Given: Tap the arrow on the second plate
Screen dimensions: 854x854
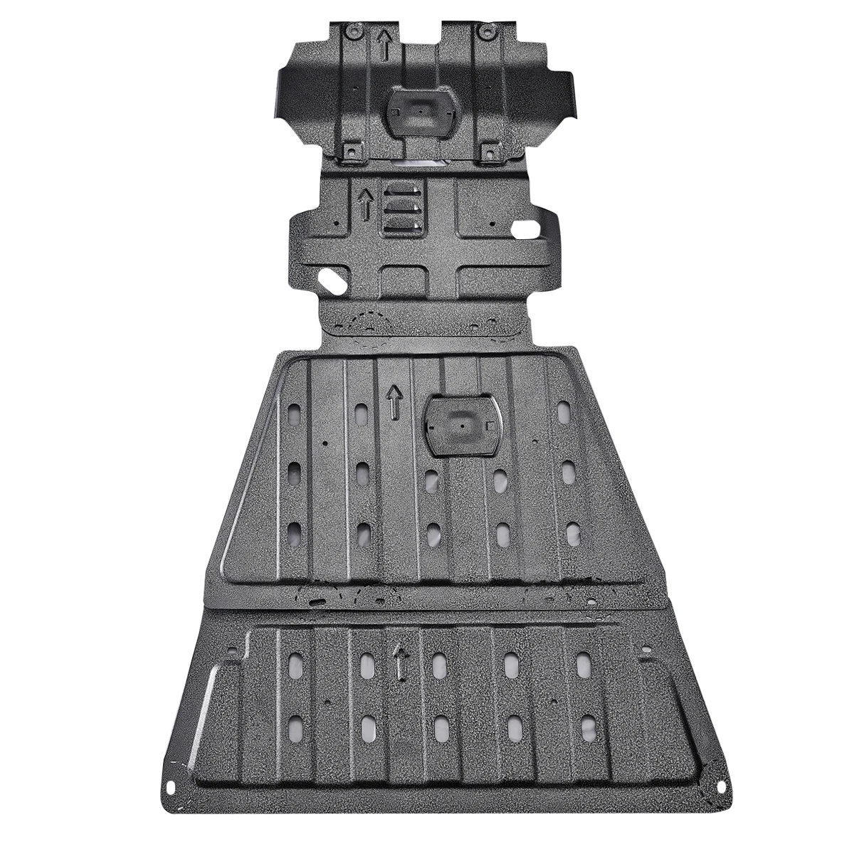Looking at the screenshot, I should tap(366, 205).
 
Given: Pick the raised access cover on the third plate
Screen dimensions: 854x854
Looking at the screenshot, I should tap(462, 426).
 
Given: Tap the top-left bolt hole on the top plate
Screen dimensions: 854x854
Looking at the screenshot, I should tap(350, 31).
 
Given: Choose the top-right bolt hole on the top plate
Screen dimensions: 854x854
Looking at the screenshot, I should tap(486, 31).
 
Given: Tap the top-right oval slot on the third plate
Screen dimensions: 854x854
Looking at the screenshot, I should tap(564, 410).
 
